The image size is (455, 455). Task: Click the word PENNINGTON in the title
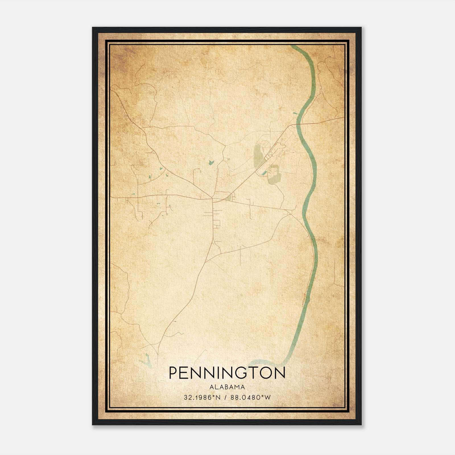pos(227,373)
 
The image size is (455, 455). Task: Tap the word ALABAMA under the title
pos(227,387)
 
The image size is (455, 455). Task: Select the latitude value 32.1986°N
pos(202,398)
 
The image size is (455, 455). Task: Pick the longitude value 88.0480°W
pos(250,398)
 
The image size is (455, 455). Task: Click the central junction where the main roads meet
pos(212,198)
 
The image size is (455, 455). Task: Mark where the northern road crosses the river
pos(299,124)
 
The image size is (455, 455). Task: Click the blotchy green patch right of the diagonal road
pos(274,174)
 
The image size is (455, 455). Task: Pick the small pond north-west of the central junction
pos(211,162)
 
